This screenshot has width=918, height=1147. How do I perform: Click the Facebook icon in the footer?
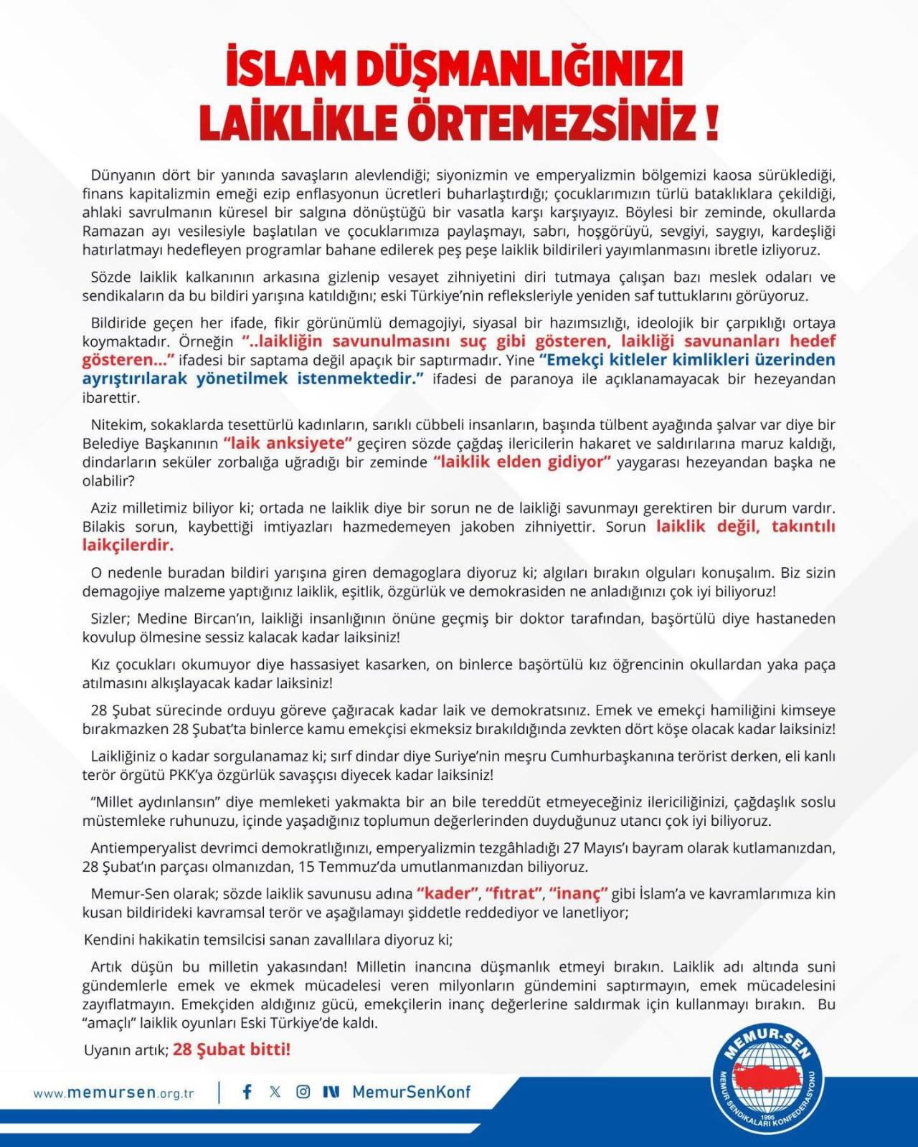[x=247, y=1092]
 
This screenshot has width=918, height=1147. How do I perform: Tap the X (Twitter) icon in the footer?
[x=275, y=1092]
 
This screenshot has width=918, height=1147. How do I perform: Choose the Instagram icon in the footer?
[x=303, y=1092]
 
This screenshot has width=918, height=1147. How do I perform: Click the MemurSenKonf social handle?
[x=412, y=1092]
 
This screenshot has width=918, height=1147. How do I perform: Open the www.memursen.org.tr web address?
[x=113, y=1093]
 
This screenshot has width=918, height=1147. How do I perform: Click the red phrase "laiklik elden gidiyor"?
[x=522, y=462]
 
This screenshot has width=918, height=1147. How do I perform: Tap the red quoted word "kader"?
[x=448, y=893]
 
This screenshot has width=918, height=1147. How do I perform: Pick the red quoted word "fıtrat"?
[x=514, y=893]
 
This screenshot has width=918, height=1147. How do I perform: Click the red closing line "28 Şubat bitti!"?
[x=232, y=1050]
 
